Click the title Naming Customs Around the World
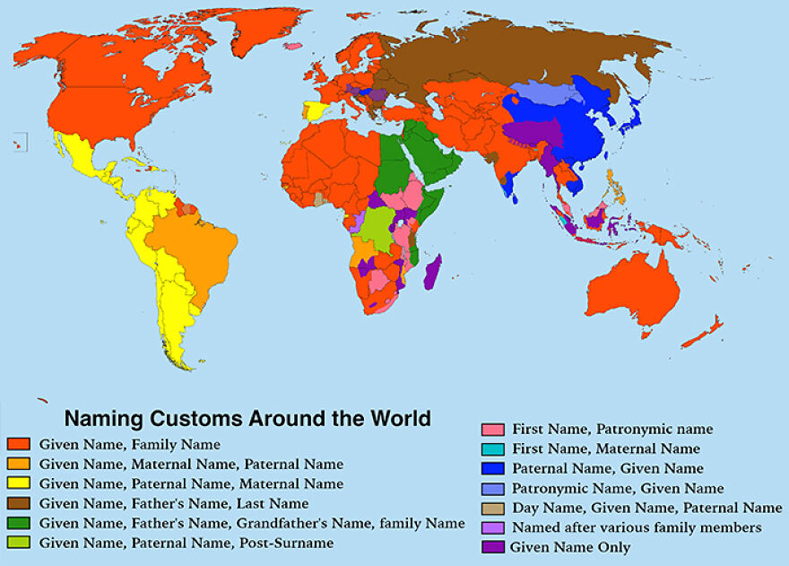coord(247,418)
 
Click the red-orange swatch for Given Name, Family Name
coord(19,443)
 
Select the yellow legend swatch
coord(19,484)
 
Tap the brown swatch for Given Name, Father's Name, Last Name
coord(19,504)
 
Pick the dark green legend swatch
coord(19,524)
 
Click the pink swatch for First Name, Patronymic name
coord(492,429)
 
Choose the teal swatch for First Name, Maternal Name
coord(492,448)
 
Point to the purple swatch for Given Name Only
coord(492,547)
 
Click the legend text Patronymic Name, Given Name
coord(618,488)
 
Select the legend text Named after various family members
coord(637,527)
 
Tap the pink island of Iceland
coord(292,46)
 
